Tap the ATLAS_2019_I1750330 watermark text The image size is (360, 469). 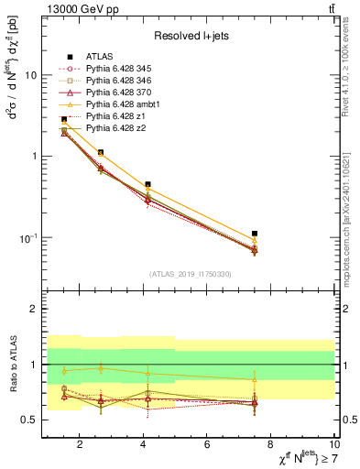point(190,274)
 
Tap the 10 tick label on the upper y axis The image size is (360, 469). point(29,75)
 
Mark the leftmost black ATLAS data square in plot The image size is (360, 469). point(64,119)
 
